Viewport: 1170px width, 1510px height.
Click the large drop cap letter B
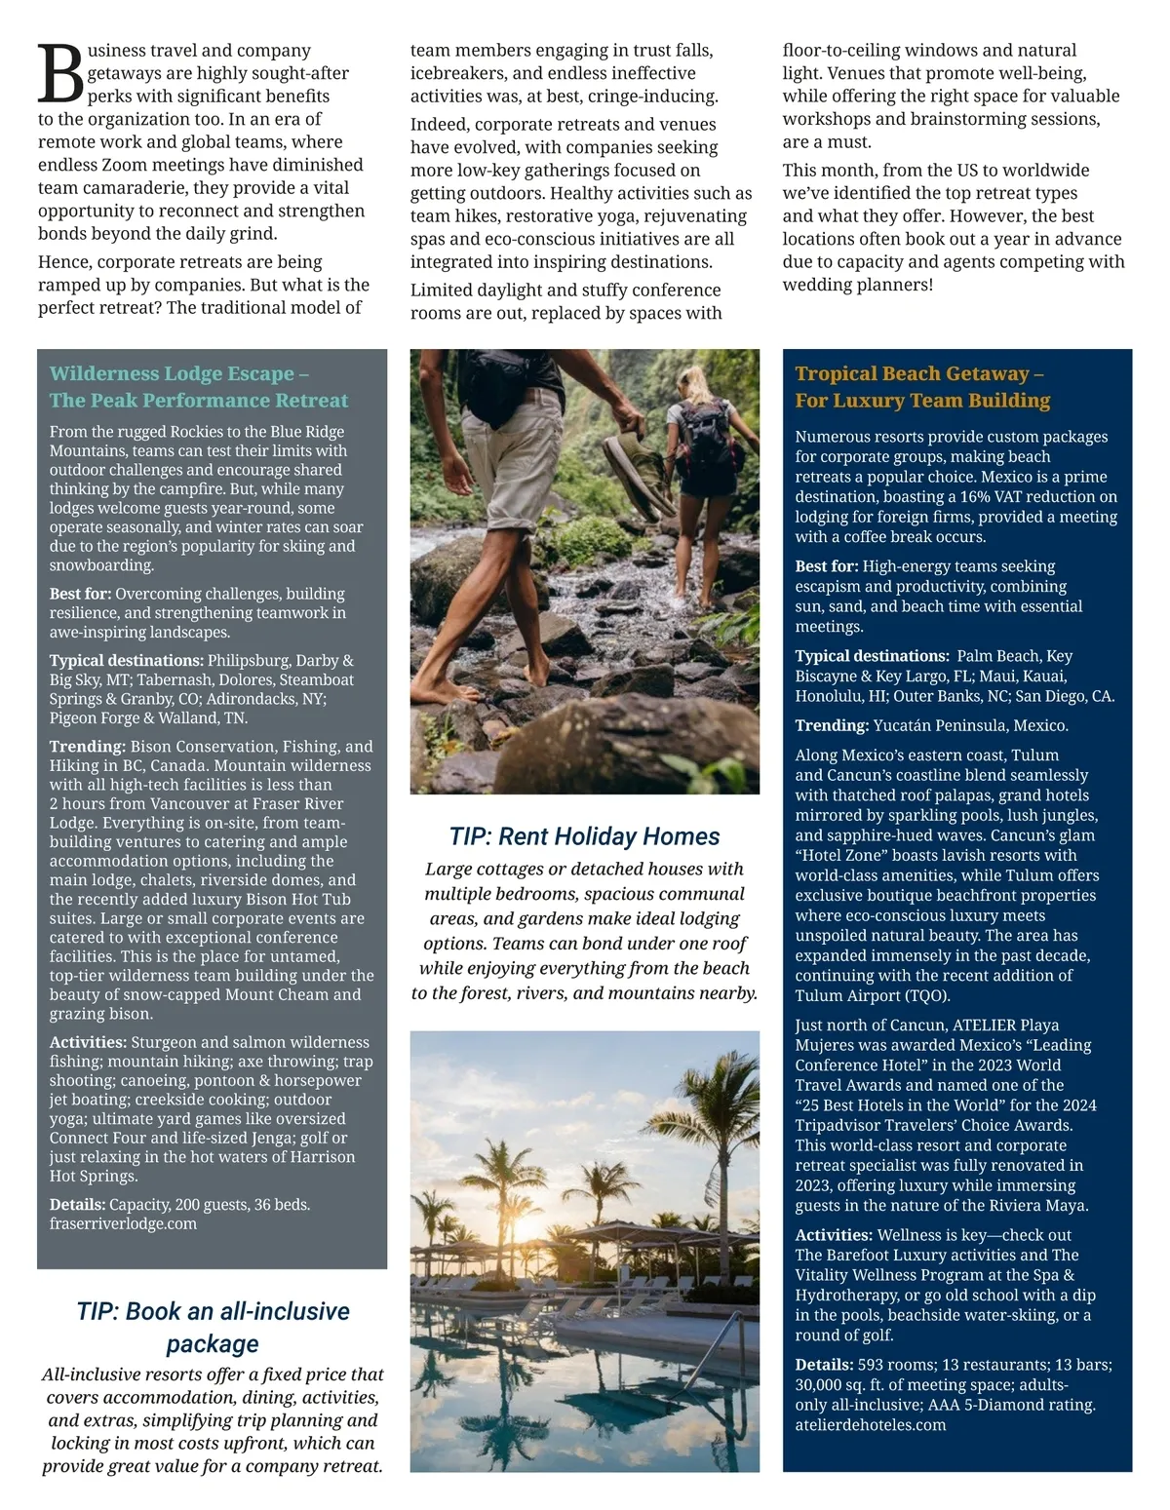point(60,74)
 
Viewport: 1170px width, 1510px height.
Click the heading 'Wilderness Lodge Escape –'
point(179,373)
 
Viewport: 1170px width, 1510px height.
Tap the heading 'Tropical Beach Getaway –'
point(918,373)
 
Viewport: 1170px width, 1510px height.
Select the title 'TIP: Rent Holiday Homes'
point(584,836)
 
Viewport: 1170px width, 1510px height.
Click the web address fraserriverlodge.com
point(123,1223)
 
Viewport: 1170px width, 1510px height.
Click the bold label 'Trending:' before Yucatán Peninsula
point(831,725)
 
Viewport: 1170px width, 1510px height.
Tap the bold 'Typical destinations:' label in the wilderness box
point(126,660)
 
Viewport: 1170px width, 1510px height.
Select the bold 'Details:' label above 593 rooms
point(824,1365)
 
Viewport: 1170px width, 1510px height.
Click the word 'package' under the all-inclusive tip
point(212,1344)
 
